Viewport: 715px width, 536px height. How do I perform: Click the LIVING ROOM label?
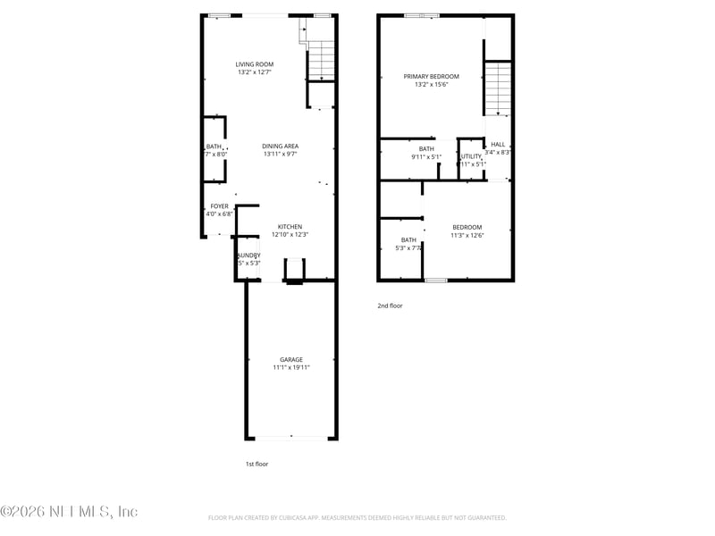tap(255, 64)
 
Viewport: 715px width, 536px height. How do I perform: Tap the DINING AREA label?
tap(280, 147)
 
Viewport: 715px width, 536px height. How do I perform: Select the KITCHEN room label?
tap(290, 227)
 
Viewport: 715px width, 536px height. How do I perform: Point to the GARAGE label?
tap(290, 360)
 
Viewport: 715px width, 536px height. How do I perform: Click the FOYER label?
tap(219, 206)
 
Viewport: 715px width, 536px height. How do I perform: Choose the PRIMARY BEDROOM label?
tap(431, 77)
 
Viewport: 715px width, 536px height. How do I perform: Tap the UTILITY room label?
tap(471, 156)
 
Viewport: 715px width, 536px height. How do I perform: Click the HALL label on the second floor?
tap(498, 145)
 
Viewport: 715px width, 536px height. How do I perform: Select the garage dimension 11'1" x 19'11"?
tap(291, 368)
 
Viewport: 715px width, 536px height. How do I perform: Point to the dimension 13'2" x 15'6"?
tap(431, 85)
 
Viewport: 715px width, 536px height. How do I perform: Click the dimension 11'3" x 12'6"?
tap(467, 235)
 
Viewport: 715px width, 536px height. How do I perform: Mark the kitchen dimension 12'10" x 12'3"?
tap(290, 235)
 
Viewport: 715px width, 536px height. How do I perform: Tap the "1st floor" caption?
tap(257, 464)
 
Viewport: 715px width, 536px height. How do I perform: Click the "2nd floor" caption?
tap(390, 306)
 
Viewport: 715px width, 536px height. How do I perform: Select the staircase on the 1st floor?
tap(320, 61)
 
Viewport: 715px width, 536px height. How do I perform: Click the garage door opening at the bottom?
tap(291, 438)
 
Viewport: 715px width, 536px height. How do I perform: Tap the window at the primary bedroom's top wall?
tap(421, 15)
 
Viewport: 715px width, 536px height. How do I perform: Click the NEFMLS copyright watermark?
tap(69, 512)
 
